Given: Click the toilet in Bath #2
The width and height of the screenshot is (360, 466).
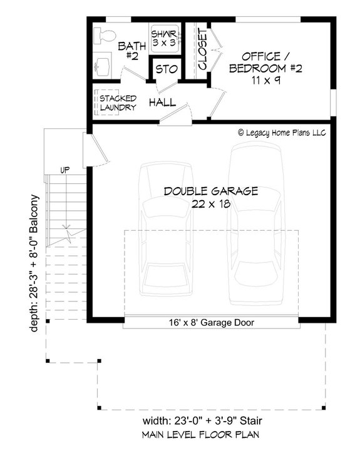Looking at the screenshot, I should pos(103,34).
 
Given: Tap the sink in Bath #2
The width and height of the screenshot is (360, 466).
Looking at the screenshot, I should pos(103,64).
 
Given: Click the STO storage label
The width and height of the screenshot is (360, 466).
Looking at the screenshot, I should pos(166,69).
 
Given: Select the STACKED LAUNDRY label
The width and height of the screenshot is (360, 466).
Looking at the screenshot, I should pos(118,103).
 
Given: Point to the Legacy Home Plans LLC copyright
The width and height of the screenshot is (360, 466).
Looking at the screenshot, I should pos(282,133).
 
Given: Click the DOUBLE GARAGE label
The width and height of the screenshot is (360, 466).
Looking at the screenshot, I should pos(211,191).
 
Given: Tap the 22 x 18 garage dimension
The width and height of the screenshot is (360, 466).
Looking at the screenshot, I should pos(211,203).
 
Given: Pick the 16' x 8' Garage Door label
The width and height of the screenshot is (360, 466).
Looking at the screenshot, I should pos(210,323).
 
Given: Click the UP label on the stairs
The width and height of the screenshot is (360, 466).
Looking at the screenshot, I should pos(64,170).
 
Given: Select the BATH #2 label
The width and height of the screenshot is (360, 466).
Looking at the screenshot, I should pos(131,50).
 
